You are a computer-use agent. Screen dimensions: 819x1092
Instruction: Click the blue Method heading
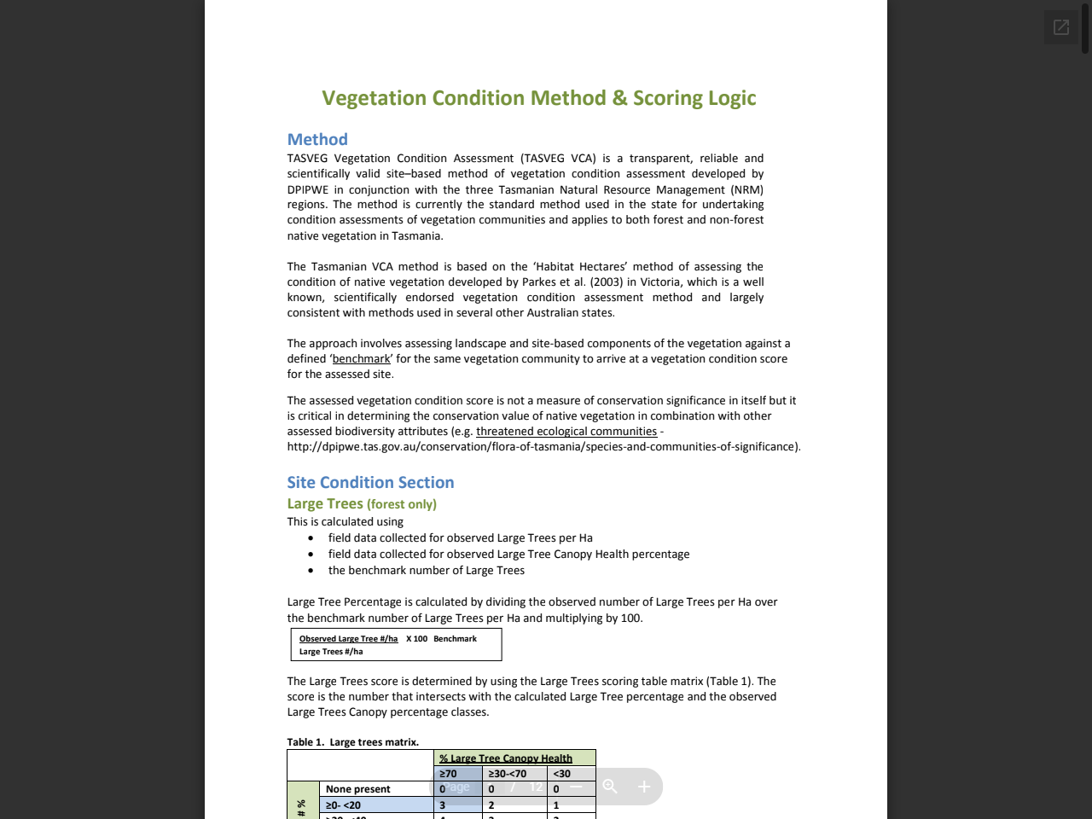pyautogui.click(x=317, y=139)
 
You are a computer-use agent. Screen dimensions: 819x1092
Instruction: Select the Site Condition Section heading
pyautogui.click(x=370, y=482)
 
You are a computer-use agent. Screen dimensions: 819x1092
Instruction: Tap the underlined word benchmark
pyautogui.click(x=361, y=359)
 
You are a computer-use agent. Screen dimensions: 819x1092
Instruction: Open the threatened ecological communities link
pyautogui.click(x=566, y=432)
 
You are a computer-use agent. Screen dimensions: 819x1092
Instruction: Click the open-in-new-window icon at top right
pyautogui.click(x=1060, y=27)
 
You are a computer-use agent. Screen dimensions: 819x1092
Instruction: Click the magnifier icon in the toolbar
pyautogui.click(x=610, y=787)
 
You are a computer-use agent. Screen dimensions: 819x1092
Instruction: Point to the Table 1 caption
pyautogui.click(x=352, y=742)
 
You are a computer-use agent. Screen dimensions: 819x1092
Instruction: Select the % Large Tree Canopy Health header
pyautogui.click(x=506, y=758)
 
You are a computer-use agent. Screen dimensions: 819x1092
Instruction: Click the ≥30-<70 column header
pyautogui.click(x=508, y=774)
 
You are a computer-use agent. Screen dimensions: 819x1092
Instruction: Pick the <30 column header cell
pyautogui.click(x=562, y=774)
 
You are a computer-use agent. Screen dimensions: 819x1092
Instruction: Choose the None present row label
pyautogui.click(x=357, y=789)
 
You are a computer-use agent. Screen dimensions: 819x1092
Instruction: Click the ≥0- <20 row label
pyautogui.click(x=343, y=805)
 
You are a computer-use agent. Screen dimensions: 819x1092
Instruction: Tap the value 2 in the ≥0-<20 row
pyautogui.click(x=491, y=805)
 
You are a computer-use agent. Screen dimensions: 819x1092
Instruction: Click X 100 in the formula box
pyautogui.click(x=416, y=639)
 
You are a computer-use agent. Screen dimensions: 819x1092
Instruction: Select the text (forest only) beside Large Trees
pyautogui.click(x=401, y=504)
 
